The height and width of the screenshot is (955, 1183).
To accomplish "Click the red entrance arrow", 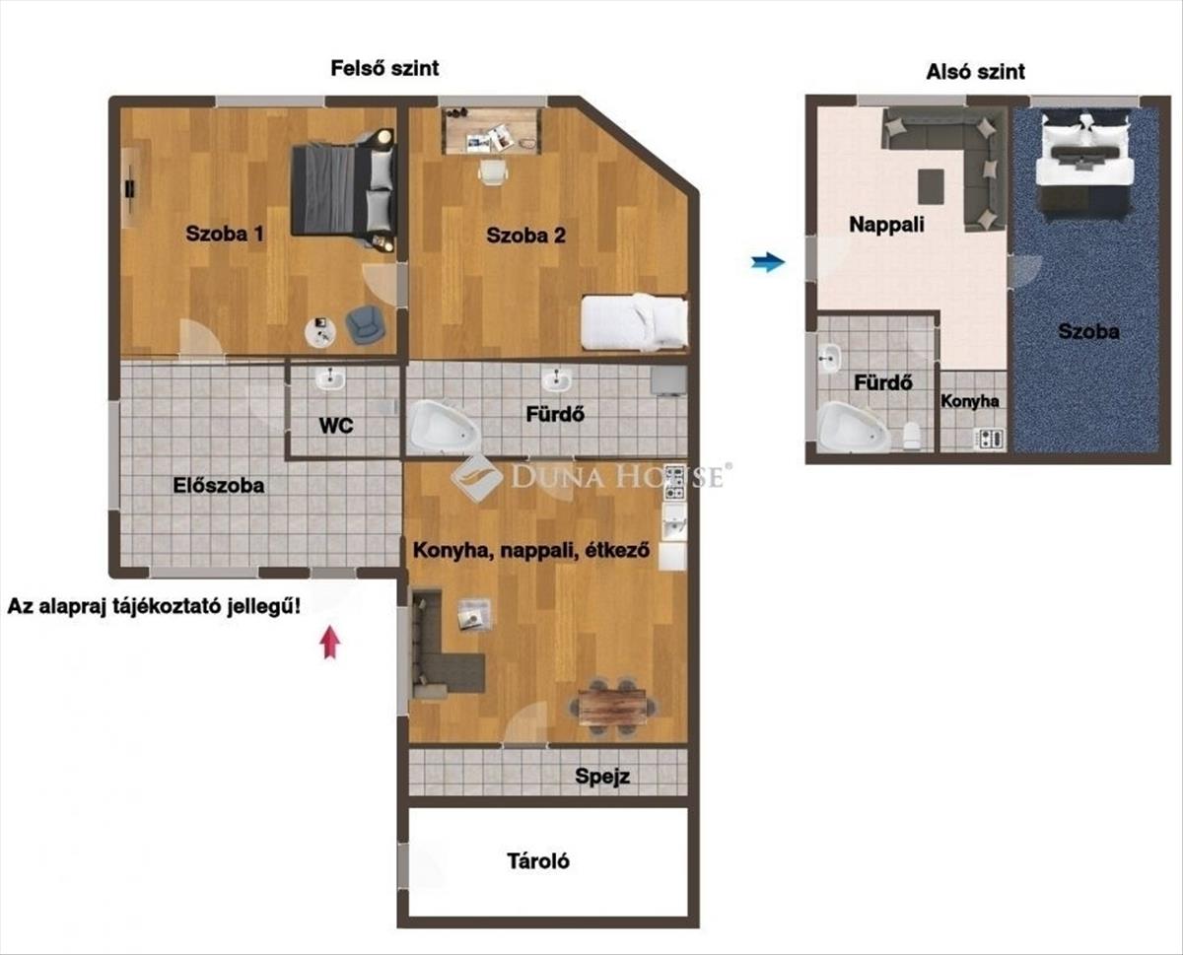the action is (330, 642).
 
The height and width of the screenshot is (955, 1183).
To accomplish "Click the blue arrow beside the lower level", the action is (768, 261).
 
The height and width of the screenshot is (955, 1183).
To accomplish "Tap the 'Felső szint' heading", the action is (384, 68).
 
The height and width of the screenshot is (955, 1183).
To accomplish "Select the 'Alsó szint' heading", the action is (975, 72).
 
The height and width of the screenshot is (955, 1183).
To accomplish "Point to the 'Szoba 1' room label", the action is (225, 234).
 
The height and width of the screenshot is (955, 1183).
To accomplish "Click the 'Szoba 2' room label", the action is (526, 235).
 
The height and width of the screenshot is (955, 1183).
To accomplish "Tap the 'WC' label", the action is (336, 426).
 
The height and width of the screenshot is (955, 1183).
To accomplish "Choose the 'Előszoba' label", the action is (218, 485).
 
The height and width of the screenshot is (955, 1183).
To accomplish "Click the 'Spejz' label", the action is (602, 777).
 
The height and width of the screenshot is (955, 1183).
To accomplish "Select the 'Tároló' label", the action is (538, 861).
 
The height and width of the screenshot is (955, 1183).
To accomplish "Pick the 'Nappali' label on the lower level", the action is (886, 225).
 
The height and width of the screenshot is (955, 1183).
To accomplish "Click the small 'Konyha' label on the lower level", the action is (970, 401).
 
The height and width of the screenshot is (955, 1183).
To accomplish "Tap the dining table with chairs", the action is (612, 707).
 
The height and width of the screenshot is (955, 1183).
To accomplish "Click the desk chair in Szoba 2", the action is (493, 171).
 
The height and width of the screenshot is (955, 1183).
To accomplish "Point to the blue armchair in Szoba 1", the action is (365, 325).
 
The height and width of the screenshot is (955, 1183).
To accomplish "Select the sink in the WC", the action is (330, 379).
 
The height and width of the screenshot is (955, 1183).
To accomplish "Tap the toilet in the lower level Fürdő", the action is (912, 436).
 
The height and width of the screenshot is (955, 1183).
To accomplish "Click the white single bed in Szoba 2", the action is (634, 322).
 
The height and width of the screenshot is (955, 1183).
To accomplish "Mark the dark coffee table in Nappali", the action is (931, 186).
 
